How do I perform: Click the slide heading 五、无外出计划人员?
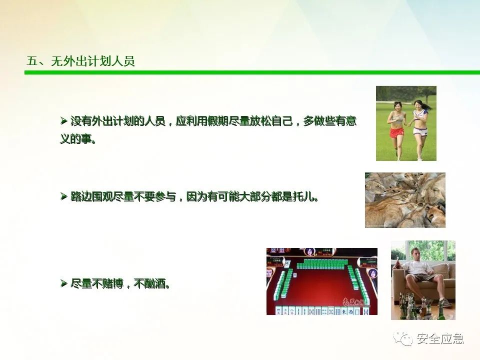click(x=80, y=61)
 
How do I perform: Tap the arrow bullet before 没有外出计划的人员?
click(x=64, y=121)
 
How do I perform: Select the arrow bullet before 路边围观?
click(x=64, y=196)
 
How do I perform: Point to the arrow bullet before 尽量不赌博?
click(x=64, y=283)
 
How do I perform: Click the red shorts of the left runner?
click(x=396, y=132)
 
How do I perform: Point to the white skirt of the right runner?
click(x=419, y=131)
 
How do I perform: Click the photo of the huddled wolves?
click(x=405, y=200)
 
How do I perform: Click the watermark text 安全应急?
click(x=440, y=338)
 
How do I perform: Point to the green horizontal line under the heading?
click(x=252, y=72)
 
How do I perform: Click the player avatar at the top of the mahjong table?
click(x=310, y=252)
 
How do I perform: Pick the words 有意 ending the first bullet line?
click(x=346, y=121)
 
